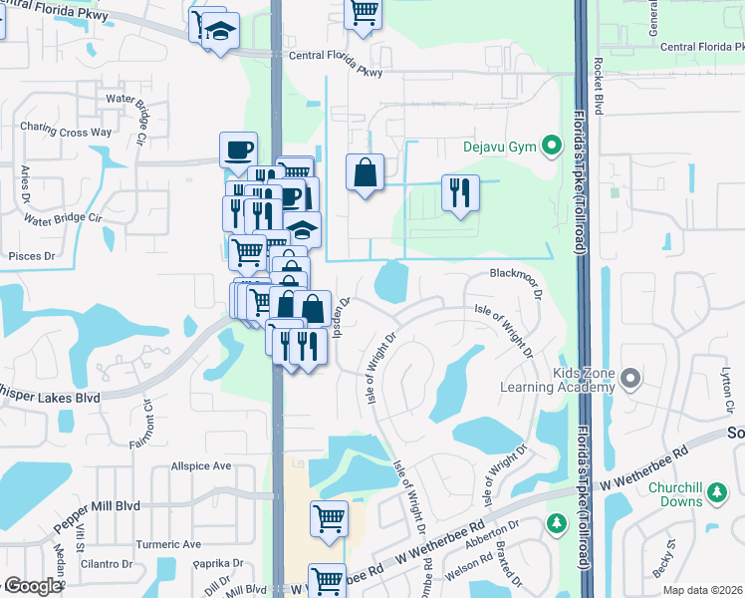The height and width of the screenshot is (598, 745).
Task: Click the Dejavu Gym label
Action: [x=499, y=148]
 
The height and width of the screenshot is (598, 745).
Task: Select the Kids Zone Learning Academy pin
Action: [x=629, y=379]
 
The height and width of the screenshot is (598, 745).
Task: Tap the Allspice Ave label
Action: [x=201, y=465]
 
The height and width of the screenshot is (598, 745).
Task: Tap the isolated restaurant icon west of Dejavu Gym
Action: [x=460, y=191]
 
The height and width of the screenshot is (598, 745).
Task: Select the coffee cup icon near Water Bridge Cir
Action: [x=238, y=149]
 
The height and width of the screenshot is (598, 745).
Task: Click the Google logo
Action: [x=32, y=586]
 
